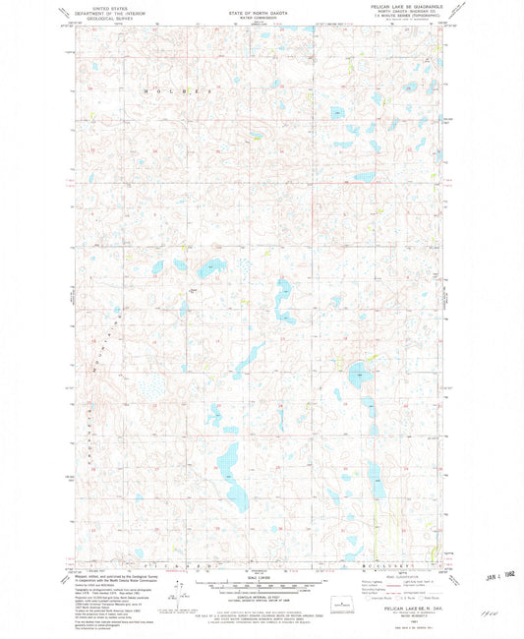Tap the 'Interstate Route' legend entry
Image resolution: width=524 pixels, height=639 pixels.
[x=381, y=598]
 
